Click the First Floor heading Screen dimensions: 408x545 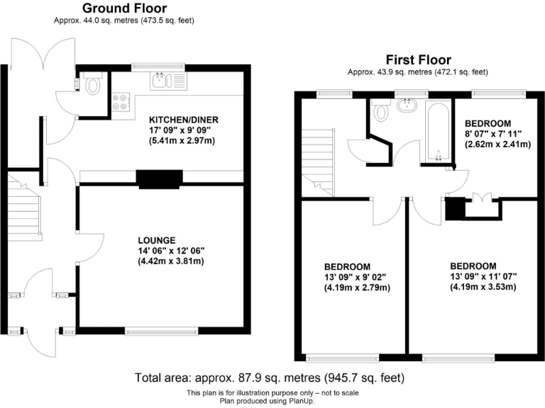[418, 60]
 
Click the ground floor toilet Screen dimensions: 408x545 [92, 86]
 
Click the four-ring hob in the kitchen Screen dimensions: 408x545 [119, 102]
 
